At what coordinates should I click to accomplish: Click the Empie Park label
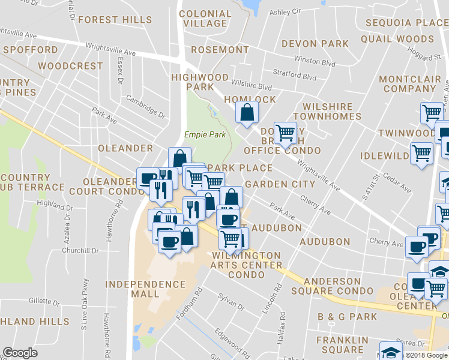205,134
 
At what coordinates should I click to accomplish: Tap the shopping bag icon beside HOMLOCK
247,112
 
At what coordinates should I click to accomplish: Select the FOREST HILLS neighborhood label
115,20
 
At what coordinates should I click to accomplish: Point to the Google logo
20,353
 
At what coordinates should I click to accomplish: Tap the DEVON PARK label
315,44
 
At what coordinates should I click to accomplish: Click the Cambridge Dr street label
145,106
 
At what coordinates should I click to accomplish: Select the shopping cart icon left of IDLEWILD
421,154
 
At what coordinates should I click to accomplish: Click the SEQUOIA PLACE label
405,23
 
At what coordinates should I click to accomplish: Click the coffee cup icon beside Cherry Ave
417,246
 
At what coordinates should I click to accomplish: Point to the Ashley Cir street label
285,11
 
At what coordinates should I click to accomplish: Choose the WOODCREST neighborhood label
70,65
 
